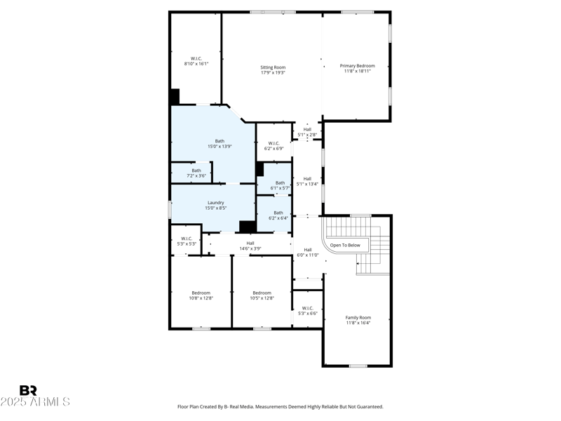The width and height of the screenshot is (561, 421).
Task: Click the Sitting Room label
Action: [x=273, y=70]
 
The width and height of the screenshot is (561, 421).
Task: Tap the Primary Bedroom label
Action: [x=357, y=68]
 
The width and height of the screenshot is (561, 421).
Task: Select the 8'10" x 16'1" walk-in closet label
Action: [x=196, y=61]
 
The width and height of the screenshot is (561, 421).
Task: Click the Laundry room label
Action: [x=215, y=205]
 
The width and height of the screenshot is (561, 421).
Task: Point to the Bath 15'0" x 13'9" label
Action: [x=219, y=143]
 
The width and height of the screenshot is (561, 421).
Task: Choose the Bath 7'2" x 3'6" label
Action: [x=196, y=173]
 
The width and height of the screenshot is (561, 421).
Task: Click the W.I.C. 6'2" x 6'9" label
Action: [x=273, y=146]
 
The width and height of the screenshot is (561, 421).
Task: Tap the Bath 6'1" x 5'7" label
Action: [x=280, y=185]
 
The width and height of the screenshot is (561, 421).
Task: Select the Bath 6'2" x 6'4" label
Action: [x=278, y=215]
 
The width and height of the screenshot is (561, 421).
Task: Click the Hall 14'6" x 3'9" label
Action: [x=250, y=246]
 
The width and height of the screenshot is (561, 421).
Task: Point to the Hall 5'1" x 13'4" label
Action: [x=307, y=181]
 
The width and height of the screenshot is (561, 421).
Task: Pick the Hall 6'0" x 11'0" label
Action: [x=307, y=252]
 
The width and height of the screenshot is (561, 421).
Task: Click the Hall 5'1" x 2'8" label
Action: [x=307, y=132]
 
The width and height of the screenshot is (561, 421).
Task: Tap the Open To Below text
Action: [x=345, y=246]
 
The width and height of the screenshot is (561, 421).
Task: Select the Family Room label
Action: [x=358, y=320]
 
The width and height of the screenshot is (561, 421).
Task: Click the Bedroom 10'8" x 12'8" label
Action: [x=201, y=295]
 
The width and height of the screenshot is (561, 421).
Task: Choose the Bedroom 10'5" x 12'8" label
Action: [x=262, y=295]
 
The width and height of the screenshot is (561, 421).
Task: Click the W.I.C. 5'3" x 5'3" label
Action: [x=187, y=241]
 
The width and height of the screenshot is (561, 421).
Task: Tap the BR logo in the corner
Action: [x=28, y=390]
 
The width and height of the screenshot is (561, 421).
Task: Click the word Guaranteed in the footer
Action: [x=367, y=406]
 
